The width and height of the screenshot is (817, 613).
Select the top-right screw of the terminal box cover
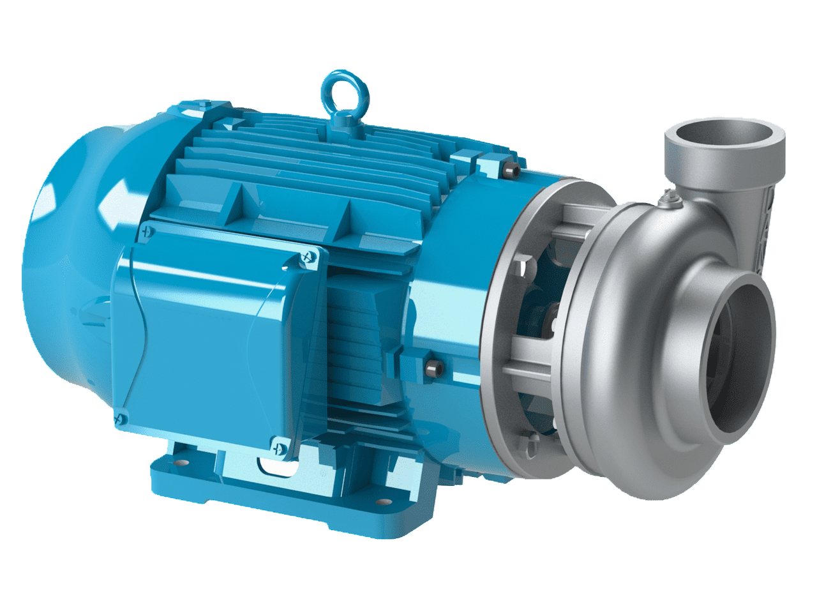310,257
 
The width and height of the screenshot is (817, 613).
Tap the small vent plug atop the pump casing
671,199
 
